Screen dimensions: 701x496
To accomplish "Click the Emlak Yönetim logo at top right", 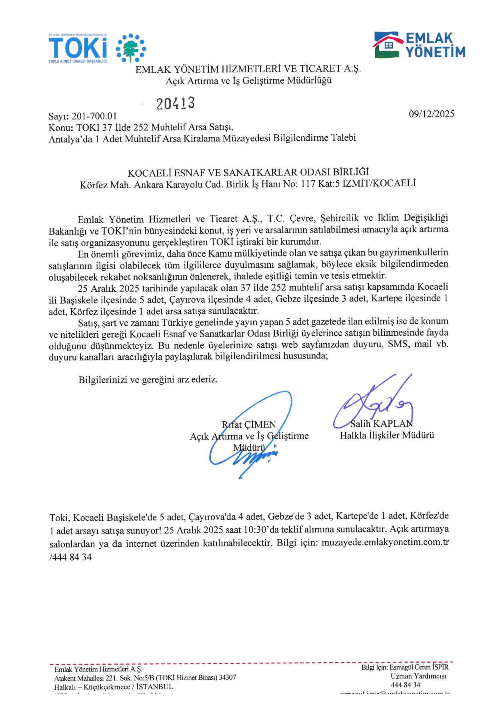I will coord(420,46).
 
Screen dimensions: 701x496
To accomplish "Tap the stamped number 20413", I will coord(175,103).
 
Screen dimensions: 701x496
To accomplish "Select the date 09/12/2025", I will coord(431,114).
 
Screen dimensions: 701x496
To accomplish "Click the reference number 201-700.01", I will coord(94,116).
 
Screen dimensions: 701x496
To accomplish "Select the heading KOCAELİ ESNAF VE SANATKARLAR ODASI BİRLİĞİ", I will coord(248,173).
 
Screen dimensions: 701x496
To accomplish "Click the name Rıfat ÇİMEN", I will coord(249,424).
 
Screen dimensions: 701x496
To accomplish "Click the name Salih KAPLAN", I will coord(381,424).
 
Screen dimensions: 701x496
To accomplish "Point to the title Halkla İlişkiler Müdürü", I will coord(387,435).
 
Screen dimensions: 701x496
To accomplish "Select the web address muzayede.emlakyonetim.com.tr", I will coord(385,542).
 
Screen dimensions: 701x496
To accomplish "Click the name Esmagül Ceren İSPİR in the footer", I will coord(419,667).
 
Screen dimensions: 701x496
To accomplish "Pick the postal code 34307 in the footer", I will coord(227,677).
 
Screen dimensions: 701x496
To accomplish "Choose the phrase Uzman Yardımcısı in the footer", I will coord(418,676).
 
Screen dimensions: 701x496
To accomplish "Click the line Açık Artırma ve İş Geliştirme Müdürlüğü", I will coord(248,80).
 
